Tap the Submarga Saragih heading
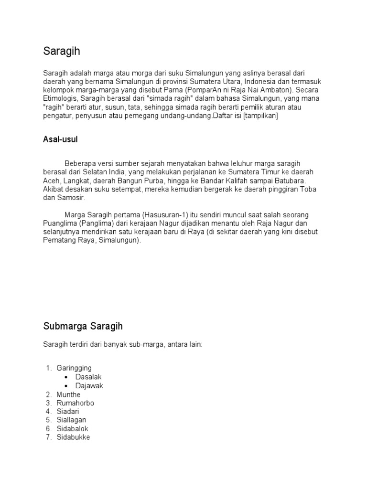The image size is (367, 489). click(x=83, y=326)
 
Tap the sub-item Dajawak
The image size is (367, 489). click(x=89, y=386)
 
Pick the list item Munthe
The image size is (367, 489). click(x=68, y=394)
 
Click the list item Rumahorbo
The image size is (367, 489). click(x=76, y=403)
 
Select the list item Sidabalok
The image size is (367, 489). click(x=73, y=429)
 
